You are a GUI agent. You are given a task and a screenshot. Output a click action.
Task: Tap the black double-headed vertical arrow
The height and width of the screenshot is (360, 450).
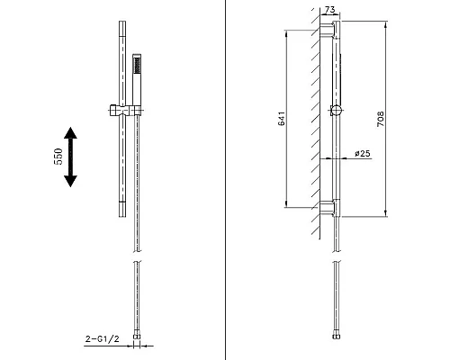70,156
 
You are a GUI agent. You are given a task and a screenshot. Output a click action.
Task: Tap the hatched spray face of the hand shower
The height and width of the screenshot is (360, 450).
137,64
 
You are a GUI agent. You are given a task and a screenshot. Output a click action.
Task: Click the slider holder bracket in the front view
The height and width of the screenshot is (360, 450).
126,113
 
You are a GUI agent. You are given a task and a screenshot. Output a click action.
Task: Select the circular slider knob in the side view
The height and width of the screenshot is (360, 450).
335,112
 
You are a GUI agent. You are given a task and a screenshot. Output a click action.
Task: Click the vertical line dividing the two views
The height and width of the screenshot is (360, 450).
224,180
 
